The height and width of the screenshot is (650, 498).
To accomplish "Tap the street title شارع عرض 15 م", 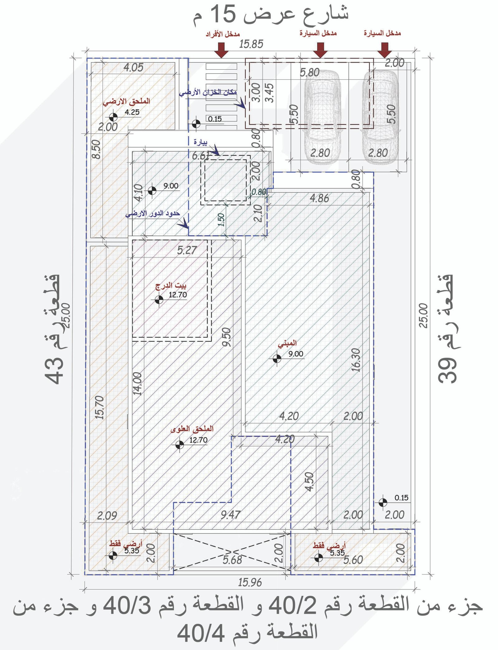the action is (270, 15).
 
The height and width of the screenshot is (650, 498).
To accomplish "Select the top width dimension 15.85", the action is (251, 44).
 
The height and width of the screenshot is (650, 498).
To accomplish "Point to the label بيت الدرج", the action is (171, 285).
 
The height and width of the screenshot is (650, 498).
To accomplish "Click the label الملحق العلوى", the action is (192, 429).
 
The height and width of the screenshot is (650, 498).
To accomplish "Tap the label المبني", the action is (287, 343).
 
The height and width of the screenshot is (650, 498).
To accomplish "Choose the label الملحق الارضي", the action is (126, 101).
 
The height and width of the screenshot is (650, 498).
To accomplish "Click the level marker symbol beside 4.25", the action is (113, 117).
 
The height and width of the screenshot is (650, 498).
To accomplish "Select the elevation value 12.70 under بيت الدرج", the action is (178, 295).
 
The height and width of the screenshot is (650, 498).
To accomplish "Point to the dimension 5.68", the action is (232, 560).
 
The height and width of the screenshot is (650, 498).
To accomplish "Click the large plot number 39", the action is (448, 369).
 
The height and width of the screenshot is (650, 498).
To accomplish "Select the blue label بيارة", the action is (200, 142).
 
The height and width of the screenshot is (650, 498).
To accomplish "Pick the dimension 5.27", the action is (187, 250).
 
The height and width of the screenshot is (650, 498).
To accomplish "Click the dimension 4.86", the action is (319, 198).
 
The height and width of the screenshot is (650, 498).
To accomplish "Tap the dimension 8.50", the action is (97, 149).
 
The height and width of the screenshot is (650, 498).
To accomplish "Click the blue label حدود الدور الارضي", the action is (153, 214).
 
